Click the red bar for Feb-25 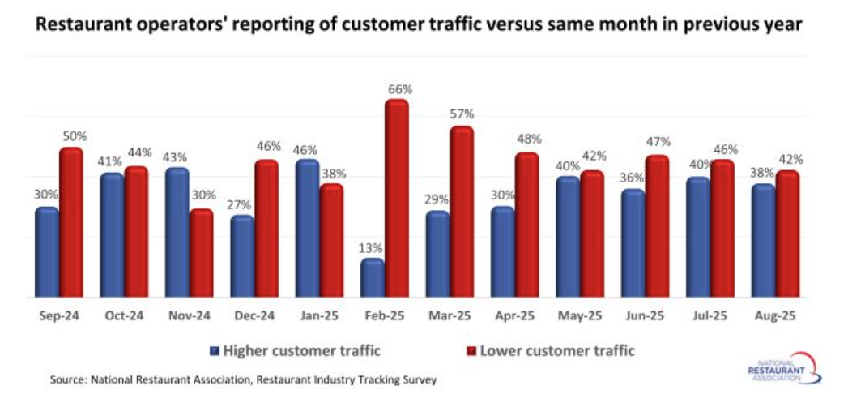pos(397,199)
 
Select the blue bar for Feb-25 pos(372,277)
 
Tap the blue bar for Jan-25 pos(307,228)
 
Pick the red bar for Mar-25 pos(462,212)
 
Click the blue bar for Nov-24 pos(177,232)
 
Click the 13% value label pos(372,248)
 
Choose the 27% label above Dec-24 pos(241,205)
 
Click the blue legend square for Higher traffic pos(215,351)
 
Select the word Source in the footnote pos(68,379)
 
